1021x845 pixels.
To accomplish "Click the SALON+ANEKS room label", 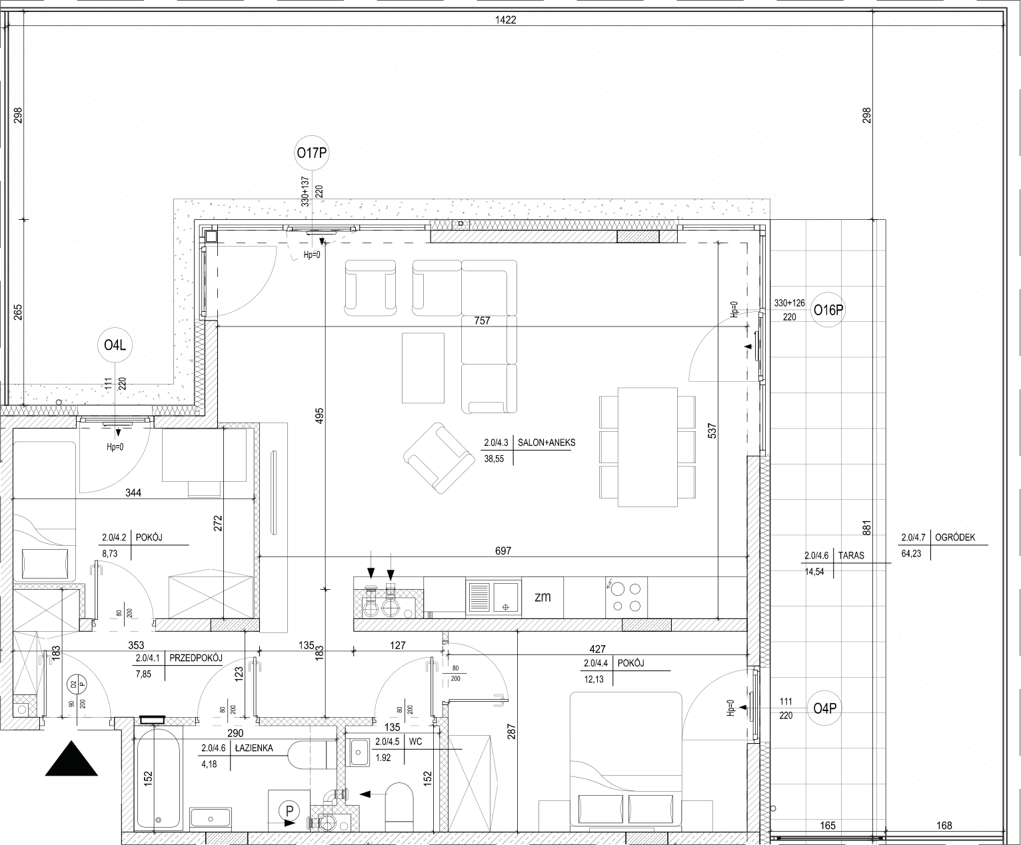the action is coord(546,442).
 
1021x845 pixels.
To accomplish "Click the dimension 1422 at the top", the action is coord(506,20).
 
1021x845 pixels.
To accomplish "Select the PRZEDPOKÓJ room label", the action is coord(195,658).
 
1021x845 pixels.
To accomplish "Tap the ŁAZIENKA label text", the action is coord(254,748).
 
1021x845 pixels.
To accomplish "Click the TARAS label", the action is coord(851,556).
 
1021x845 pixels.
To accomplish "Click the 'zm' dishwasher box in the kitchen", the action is coord(542,598).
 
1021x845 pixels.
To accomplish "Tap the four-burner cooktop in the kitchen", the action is coord(626,598).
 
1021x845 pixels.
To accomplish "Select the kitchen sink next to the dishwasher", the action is coord(493,597).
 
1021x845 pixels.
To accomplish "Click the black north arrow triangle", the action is coord(71,758).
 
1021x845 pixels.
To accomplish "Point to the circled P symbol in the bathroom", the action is coord(289,811).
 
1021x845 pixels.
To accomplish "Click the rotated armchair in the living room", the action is coord(439,458).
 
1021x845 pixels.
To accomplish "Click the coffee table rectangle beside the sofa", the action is coord(423,368).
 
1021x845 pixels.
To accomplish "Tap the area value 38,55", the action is coord(494,459).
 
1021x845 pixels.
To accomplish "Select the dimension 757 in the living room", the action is coord(482,321).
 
